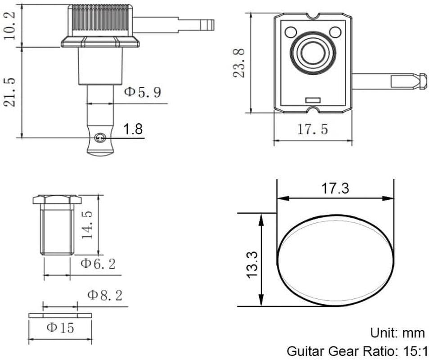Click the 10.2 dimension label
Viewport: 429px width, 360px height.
(x=10, y=26)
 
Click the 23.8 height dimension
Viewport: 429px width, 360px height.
(x=239, y=63)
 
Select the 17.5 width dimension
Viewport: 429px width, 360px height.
(x=312, y=130)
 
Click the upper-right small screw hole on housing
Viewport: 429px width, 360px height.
(x=334, y=32)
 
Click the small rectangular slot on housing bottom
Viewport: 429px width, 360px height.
(x=312, y=99)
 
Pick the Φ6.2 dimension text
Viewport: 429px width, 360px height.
(x=98, y=264)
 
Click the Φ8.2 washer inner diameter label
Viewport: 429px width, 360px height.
(x=104, y=296)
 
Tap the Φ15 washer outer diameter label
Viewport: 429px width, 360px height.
(x=60, y=328)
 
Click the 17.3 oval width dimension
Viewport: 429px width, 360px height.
(x=335, y=188)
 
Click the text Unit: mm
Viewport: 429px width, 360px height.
(x=397, y=333)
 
